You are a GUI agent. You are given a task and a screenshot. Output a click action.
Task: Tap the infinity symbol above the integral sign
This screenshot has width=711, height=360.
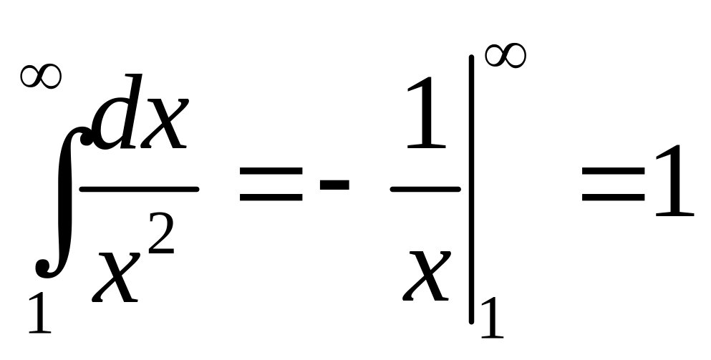click(x=41, y=76)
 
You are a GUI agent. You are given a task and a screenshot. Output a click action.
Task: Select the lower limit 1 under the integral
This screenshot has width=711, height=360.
click(x=40, y=313)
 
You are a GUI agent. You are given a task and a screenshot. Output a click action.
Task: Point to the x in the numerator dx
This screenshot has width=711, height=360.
click(x=164, y=123)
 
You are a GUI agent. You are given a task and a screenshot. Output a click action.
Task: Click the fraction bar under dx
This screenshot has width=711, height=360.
click(x=139, y=189)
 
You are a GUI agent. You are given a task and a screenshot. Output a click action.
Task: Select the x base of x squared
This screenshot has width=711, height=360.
click(x=116, y=276)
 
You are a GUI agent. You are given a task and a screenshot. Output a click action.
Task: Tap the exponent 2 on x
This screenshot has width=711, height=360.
click(x=161, y=233)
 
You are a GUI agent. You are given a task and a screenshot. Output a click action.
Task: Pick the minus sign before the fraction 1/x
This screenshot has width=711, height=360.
click(x=334, y=185)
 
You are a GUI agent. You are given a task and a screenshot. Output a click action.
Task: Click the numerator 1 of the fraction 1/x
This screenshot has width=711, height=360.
click(x=426, y=113)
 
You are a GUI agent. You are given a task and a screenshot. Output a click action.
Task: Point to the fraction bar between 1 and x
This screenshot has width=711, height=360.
click(x=425, y=189)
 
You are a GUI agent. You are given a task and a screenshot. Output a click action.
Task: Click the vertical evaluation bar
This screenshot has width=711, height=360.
click(x=472, y=190)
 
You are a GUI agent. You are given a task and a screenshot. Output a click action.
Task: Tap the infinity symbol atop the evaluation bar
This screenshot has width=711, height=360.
click(x=506, y=57)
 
